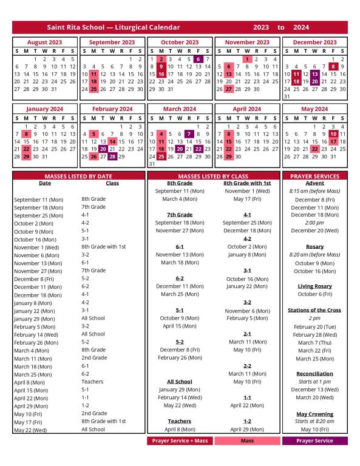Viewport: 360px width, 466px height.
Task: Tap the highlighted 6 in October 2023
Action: click(x=199, y=59)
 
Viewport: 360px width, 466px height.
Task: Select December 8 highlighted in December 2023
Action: click(x=333, y=66)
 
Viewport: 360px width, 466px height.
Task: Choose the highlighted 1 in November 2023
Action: click(x=248, y=59)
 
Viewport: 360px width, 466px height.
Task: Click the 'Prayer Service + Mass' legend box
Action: click(x=180, y=441)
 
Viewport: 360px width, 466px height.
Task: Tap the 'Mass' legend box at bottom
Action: click(x=247, y=441)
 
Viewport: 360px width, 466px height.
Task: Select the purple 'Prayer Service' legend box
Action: click(x=314, y=441)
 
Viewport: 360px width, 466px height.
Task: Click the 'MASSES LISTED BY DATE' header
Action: click(x=79, y=176)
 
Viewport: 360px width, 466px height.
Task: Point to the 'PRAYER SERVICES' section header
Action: click(x=314, y=176)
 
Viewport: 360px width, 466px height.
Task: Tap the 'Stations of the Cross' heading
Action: click(x=314, y=309)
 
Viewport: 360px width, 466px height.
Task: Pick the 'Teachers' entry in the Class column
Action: click(x=93, y=382)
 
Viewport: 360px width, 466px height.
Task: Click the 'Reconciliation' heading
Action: click(x=314, y=373)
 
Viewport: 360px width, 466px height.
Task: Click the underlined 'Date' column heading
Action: click(x=45, y=183)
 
